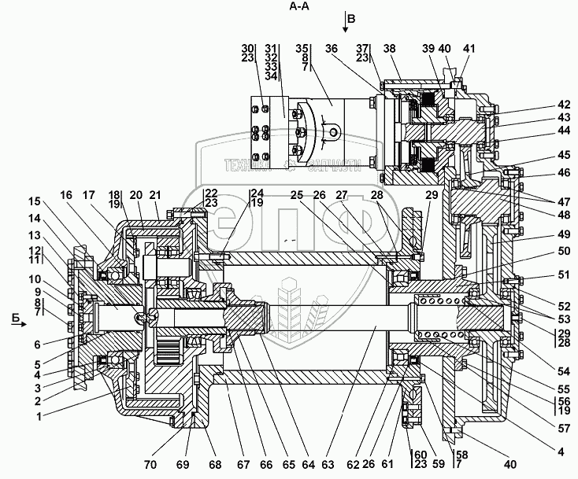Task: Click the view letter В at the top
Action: pos(352,17)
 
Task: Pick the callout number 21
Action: pos(154,195)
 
